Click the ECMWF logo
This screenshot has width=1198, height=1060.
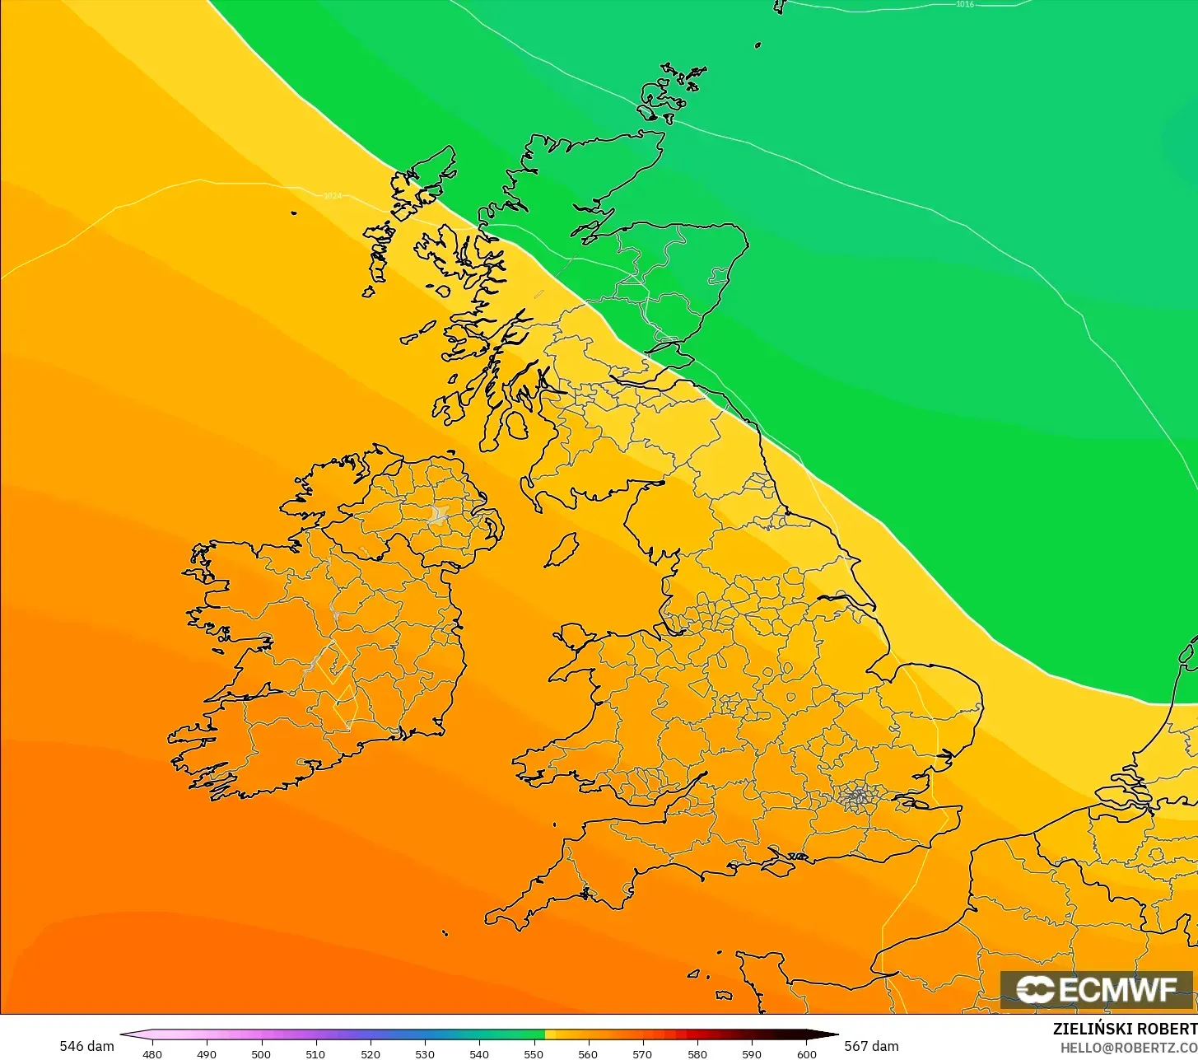(1096, 989)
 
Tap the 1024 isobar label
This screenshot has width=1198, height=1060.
(333, 196)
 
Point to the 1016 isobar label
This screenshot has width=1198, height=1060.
(965, 4)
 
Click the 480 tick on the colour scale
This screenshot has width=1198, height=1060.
(152, 1053)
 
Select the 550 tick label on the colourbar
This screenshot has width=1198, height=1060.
(534, 1053)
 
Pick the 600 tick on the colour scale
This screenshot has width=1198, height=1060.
(807, 1053)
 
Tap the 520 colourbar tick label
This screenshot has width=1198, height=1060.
(370, 1053)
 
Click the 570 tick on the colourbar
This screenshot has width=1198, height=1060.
(643, 1053)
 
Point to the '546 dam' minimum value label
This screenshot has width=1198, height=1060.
(86, 1046)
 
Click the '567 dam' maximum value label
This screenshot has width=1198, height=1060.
(872, 1046)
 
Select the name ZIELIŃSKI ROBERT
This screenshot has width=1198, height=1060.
(1125, 1029)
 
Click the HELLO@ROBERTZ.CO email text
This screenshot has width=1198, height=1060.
(1128, 1047)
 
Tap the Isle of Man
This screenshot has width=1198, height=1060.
(562, 550)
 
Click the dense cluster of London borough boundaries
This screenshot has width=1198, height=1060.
(859, 796)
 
